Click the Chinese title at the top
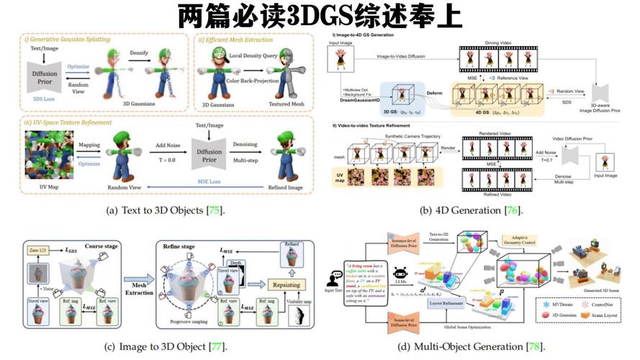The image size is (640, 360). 320,15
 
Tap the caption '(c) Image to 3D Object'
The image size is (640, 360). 164,346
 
